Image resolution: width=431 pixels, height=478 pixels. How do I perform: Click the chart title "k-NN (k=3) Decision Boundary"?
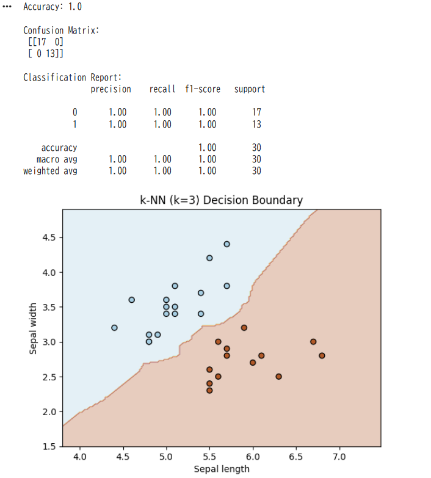pyautogui.click(x=221, y=200)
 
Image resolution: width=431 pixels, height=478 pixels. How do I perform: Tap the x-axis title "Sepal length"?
pyautogui.click(x=222, y=469)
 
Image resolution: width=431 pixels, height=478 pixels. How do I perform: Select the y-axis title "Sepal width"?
pyautogui.click(x=34, y=328)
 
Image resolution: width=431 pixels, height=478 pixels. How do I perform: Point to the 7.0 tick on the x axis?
pyautogui.click(x=339, y=456)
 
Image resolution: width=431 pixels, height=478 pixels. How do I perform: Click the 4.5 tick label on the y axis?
pyautogui.click(x=50, y=237)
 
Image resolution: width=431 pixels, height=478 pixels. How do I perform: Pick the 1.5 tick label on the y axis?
pyautogui.click(x=50, y=446)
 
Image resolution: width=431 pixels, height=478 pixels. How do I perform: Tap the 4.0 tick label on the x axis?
pyautogui.click(x=79, y=456)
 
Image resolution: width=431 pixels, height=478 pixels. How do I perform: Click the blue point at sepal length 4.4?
pyautogui.click(x=114, y=328)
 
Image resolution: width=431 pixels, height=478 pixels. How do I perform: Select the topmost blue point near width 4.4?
pyautogui.click(x=226, y=244)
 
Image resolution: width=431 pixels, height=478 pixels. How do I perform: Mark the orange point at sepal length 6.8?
pyautogui.click(x=322, y=355)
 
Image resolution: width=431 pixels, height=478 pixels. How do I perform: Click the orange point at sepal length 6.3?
pyautogui.click(x=278, y=377)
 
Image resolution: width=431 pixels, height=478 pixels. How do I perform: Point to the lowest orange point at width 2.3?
pyautogui.click(x=209, y=390)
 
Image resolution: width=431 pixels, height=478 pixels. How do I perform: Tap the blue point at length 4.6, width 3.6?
pyautogui.click(x=131, y=300)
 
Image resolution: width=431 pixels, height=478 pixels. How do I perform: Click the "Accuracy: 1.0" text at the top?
pyautogui.click(x=53, y=7)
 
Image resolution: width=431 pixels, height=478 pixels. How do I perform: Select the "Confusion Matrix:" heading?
pyautogui.click(x=61, y=30)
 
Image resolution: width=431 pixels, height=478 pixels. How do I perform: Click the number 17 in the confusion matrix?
pyautogui.click(x=40, y=42)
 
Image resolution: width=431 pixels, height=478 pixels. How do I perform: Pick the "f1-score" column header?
pyautogui.click(x=203, y=89)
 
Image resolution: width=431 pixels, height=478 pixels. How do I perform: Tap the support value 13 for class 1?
pyautogui.click(x=256, y=125)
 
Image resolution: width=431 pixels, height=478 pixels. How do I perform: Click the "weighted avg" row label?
pyautogui.click(x=50, y=171)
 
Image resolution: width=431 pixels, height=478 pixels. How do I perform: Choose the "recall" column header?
pyautogui.click(x=162, y=89)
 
